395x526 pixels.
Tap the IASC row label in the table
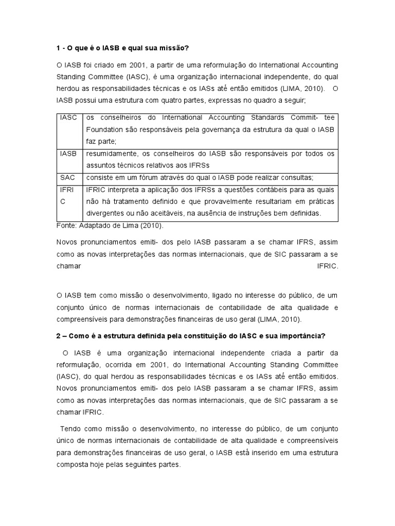[x=68, y=117]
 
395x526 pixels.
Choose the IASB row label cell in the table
[x=68, y=153]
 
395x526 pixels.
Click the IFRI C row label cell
[x=68, y=195]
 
